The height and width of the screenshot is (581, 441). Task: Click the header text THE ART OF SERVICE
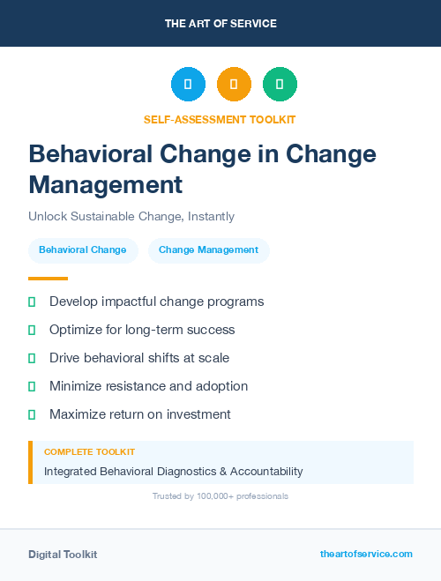(x=220, y=24)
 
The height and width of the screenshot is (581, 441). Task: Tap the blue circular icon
(x=188, y=85)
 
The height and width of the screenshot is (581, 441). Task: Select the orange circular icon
(x=234, y=85)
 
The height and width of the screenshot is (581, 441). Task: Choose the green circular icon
(x=280, y=85)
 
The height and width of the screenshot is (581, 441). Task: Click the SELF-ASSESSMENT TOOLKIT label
(x=220, y=119)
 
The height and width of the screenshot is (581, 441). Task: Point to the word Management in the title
(x=106, y=184)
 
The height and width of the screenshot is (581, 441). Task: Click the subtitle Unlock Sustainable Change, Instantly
(x=131, y=216)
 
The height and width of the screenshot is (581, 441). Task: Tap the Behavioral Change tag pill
(x=83, y=250)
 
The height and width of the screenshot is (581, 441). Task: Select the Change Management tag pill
(x=208, y=250)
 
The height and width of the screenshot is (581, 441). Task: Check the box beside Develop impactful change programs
(x=32, y=302)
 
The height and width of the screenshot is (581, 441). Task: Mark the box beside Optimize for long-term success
(x=32, y=330)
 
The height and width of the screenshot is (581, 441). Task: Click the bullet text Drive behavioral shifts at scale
(x=139, y=358)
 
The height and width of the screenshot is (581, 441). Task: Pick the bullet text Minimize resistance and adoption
(x=148, y=386)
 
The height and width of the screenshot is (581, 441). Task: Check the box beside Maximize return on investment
(x=32, y=414)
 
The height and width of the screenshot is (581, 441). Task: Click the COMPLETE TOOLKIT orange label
(x=89, y=451)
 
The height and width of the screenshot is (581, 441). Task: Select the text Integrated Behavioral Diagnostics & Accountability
(x=174, y=472)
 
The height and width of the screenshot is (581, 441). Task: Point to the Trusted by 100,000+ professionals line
(x=220, y=496)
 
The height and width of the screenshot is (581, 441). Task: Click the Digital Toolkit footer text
(x=63, y=555)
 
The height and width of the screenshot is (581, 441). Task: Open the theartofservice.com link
(x=366, y=554)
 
